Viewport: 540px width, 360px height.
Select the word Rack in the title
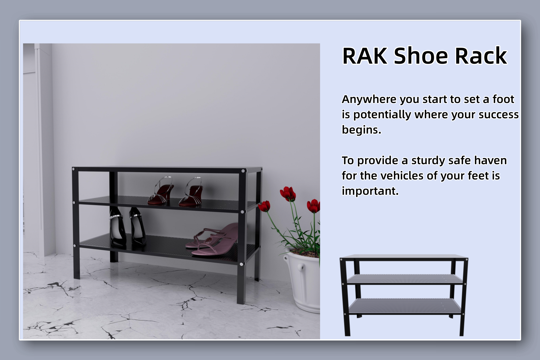coord(481,56)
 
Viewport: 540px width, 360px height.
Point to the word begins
coord(361,130)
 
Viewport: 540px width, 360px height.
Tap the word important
coord(370,191)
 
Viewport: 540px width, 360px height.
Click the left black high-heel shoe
coord(117,228)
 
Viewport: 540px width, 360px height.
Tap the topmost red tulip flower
coord(287,193)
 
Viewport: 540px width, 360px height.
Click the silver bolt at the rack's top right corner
coord(243,171)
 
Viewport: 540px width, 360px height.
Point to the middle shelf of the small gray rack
coord(404,279)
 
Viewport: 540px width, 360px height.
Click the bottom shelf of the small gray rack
coord(404,306)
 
